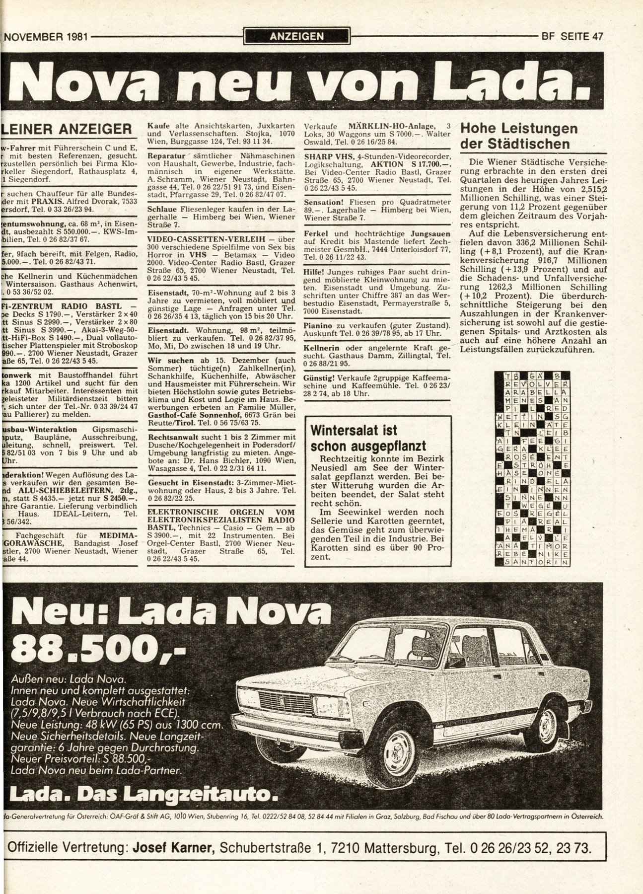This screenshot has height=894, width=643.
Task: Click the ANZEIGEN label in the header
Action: point(297,36)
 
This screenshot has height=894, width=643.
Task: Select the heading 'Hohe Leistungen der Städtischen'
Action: point(519,136)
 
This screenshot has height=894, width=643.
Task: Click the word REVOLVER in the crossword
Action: point(536,384)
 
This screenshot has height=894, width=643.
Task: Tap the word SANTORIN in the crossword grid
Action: point(536,562)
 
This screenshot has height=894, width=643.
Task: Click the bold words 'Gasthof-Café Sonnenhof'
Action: point(193,414)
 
